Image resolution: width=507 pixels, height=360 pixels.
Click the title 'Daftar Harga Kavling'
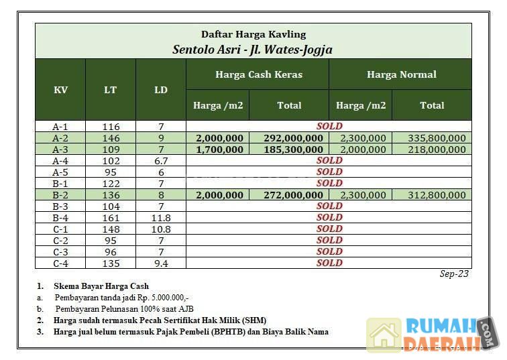point(253,34)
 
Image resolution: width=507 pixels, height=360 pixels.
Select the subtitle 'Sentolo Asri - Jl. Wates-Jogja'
point(252,49)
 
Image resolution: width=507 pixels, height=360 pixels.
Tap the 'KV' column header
point(60,90)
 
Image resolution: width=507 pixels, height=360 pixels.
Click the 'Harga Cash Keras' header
point(258,74)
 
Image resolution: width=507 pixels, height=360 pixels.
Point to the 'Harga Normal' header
point(401,74)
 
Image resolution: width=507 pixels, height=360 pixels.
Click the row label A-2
point(60,137)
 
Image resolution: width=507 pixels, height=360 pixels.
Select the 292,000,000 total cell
point(289,138)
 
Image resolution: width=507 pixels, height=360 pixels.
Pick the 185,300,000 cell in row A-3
point(289,149)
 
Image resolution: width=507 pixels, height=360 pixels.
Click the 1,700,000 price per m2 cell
point(219,149)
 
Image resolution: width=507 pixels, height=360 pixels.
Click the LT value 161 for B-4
point(111,218)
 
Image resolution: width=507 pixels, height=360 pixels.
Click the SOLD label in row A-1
point(329,126)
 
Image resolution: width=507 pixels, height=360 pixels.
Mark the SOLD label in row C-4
point(329,263)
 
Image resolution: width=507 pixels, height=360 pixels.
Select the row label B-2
point(60,195)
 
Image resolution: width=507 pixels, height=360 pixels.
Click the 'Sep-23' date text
point(454,274)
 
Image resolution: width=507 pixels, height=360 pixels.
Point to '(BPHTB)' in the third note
point(211,331)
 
